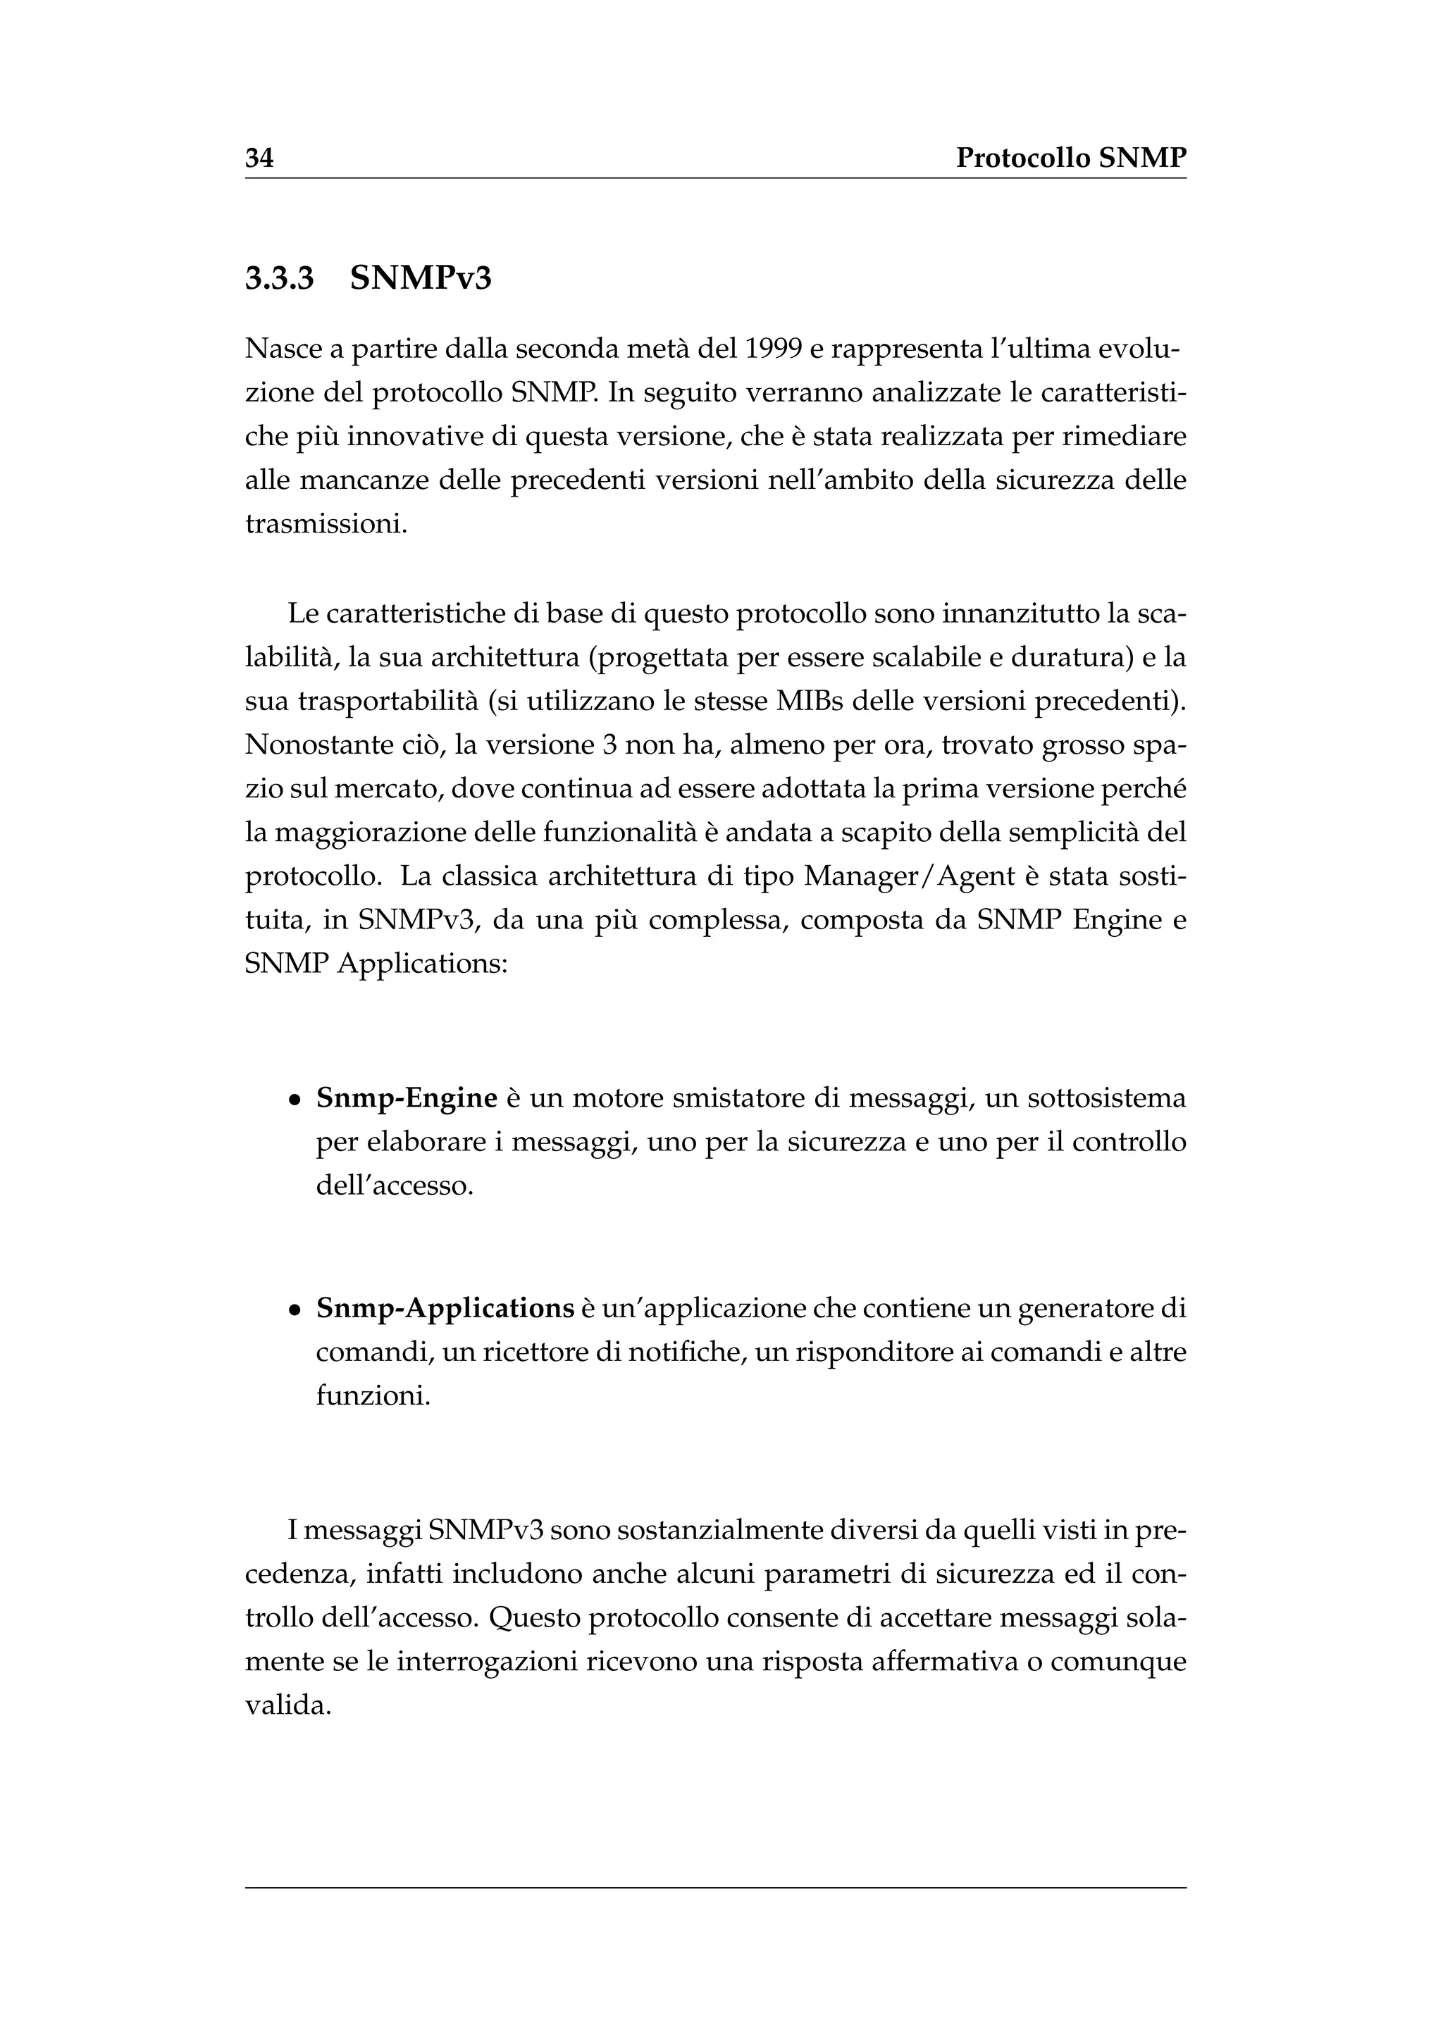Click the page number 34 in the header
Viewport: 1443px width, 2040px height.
pos(259,158)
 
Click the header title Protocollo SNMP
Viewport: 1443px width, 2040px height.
pos(1071,158)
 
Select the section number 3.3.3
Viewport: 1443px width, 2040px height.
pos(279,279)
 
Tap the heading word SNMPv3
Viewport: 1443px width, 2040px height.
pos(420,279)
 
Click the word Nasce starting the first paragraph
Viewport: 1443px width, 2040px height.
pos(283,350)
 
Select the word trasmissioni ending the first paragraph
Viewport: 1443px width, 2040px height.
pos(326,524)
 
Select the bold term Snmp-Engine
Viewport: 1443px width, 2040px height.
pos(406,1099)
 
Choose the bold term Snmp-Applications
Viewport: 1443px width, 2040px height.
pos(445,1310)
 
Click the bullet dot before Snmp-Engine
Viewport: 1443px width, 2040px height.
pos(294,1101)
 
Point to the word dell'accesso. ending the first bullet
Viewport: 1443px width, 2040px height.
pos(395,1186)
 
